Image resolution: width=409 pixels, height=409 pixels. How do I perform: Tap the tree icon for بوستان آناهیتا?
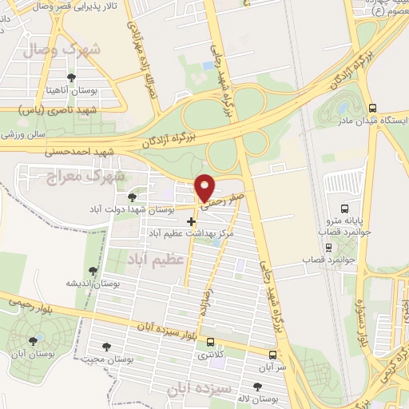click(72, 77)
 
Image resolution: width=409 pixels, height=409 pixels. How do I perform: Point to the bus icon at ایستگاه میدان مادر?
click(372, 109)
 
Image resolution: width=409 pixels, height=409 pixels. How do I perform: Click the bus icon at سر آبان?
click(273, 355)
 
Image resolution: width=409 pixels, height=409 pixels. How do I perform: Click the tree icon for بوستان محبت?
click(106, 347)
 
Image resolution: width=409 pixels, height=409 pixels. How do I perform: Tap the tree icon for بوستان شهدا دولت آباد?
click(132, 197)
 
